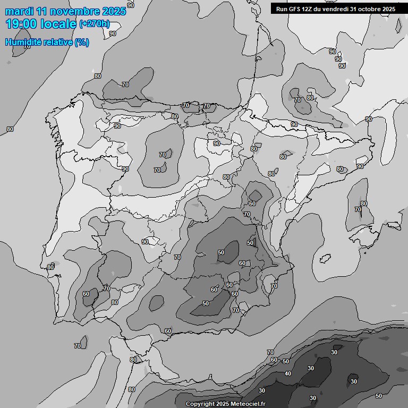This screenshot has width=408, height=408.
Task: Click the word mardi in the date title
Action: click(x=20, y=11)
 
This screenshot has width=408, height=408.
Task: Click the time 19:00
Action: click(x=21, y=24)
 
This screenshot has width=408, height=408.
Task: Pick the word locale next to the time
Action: click(x=58, y=24)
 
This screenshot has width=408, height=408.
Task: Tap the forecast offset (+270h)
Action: click(x=94, y=24)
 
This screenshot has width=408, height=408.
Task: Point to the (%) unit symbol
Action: click(x=82, y=42)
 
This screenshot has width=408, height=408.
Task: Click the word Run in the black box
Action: click(x=282, y=9)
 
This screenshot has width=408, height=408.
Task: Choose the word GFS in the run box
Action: click(x=295, y=9)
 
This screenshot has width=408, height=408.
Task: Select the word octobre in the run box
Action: click(x=370, y=9)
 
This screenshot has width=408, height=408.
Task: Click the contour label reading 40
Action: click(x=288, y=373)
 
